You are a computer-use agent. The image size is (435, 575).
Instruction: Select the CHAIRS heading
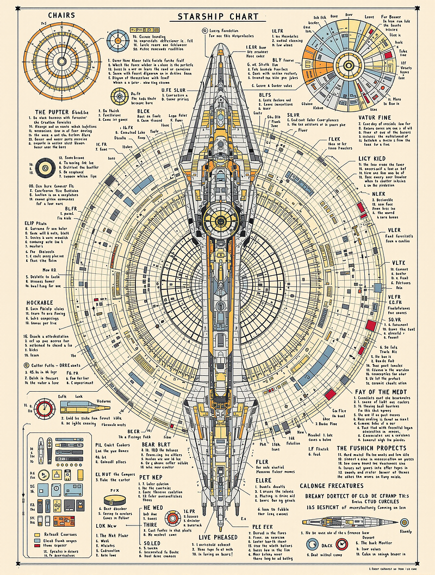(x=61, y=15)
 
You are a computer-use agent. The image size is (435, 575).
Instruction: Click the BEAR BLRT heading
(x=157, y=444)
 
